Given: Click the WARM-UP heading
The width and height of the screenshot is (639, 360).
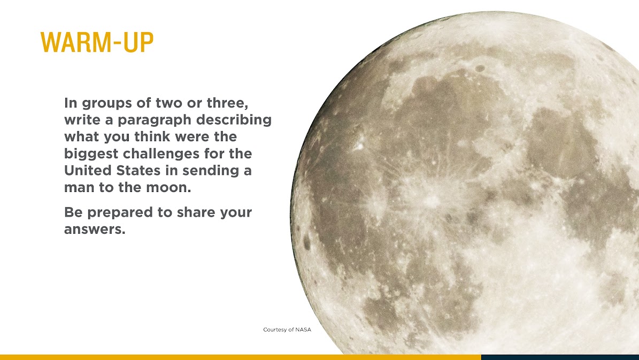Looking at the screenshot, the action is [97, 42].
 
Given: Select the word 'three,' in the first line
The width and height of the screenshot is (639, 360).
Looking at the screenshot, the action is [227, 103].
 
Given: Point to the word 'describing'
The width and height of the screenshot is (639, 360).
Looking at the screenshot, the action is [234, 120].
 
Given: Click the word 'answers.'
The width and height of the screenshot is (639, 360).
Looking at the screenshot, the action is [95, 229].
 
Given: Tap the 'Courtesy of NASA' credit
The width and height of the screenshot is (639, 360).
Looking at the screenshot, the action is [287, 330].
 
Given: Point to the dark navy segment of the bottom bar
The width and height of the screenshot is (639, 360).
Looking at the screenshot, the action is [560, 357].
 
